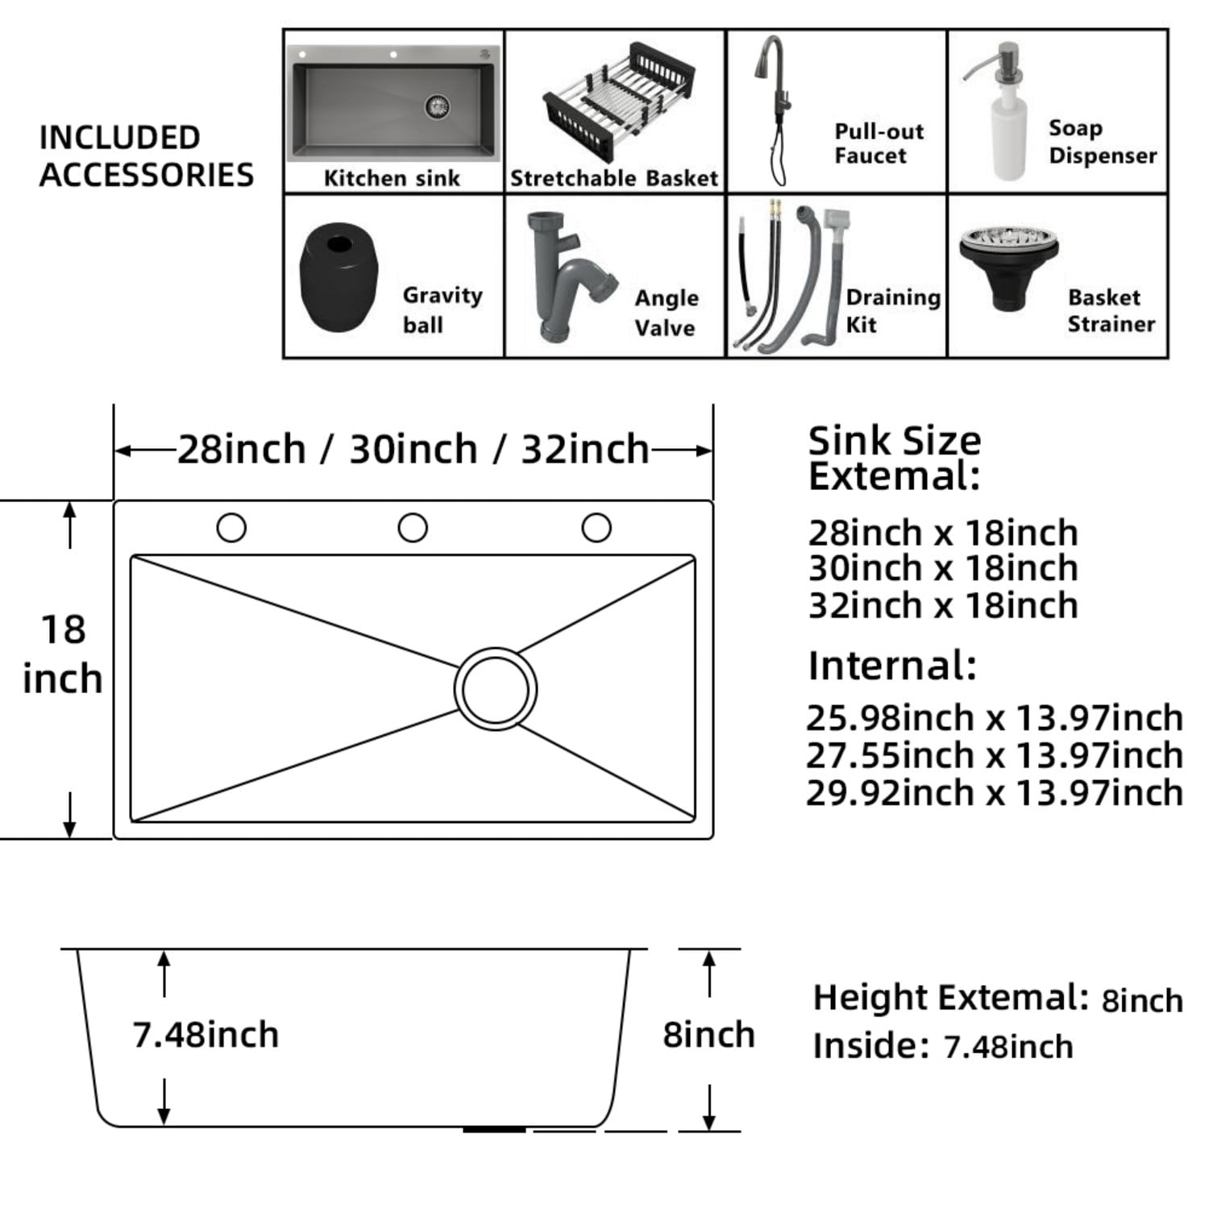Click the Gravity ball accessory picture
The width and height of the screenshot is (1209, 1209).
(339, 276)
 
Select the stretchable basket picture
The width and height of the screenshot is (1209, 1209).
(616, 102)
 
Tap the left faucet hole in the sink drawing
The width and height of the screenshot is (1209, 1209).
(231, 528)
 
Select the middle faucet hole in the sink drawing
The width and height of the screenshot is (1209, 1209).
(413, 528)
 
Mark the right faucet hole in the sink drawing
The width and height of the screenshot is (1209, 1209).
(596, 528)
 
